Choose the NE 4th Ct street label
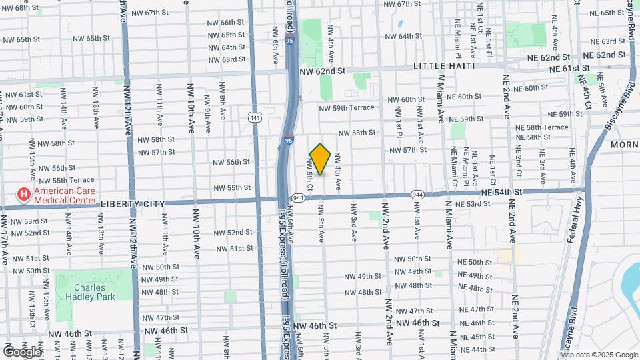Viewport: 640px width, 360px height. [587, 92]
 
